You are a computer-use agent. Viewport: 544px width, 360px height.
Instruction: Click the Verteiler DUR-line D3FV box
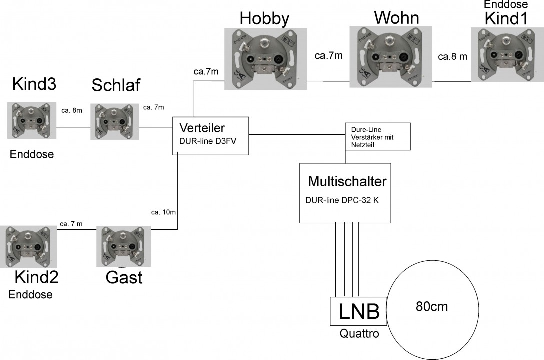pyautogui.click(x=210, y=135)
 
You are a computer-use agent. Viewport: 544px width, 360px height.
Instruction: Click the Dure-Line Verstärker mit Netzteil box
pyautogui.click(x=378, y=136)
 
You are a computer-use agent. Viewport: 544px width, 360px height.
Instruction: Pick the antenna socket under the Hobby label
pyautogui.click(x=265, y=59)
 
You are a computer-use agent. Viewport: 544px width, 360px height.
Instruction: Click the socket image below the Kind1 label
pyautogui.click(x=506, y=54)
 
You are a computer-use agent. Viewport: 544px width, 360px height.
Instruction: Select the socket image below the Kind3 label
pyautogui.click(x=30, y=120)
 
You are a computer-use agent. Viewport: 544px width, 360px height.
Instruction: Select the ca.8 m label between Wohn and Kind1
pyautogui.click(x=452, y=57)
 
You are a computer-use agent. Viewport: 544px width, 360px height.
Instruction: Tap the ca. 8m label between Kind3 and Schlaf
pyautogui.click(x=71, y=110)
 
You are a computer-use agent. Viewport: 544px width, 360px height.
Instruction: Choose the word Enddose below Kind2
pyautogui.click(x=30, y=294)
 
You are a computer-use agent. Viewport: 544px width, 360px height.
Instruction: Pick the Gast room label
pyautogui.click(x=124, y=277)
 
